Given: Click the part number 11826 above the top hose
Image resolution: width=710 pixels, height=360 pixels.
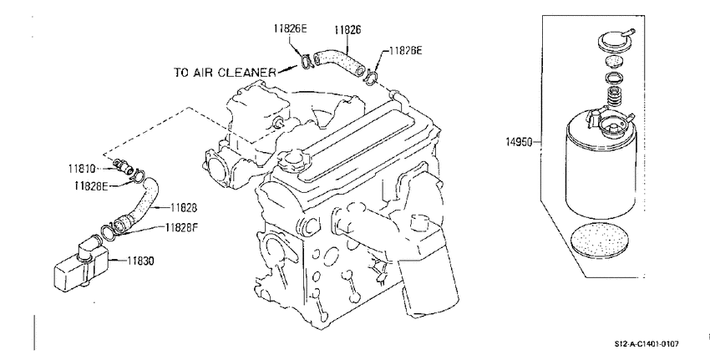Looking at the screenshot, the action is [347, 30].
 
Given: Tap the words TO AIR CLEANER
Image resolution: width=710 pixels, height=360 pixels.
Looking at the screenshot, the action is [225, 73].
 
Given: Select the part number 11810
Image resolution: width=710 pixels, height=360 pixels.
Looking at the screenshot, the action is [82, 169].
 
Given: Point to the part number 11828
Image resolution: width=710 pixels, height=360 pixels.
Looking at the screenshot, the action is [184, 208].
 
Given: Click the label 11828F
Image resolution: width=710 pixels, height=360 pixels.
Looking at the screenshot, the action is [182, 227].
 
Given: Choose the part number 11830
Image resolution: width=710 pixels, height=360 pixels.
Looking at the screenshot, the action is [140, 261].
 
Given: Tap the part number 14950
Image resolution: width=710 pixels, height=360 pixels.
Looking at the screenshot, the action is [519, 142].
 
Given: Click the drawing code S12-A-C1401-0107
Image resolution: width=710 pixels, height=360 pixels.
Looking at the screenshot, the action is [647, 344].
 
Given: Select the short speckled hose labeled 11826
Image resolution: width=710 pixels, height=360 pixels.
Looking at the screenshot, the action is [339, 63].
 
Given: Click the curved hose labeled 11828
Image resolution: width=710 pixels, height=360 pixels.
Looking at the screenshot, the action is [141, 204].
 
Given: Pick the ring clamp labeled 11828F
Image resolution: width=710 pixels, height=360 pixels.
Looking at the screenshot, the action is [108, 232].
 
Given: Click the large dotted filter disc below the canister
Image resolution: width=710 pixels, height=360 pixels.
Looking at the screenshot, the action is [600, 241].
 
